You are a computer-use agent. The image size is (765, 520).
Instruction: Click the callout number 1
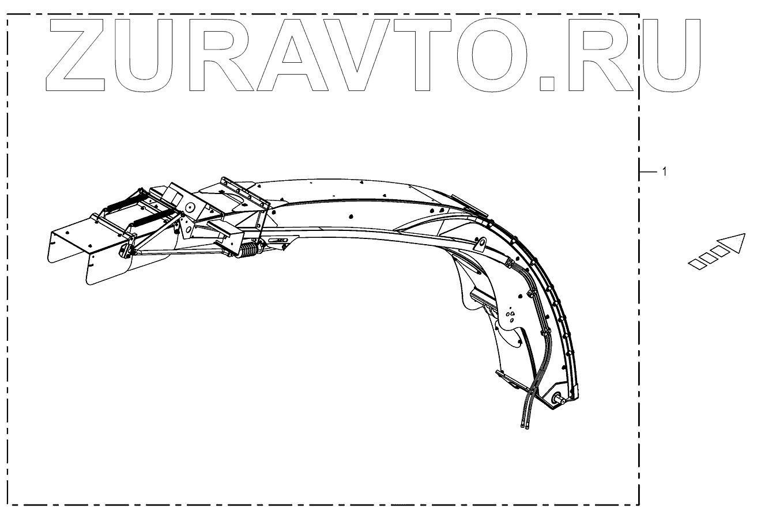pos(665,172)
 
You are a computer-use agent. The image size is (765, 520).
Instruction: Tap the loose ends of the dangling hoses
pos(525,426)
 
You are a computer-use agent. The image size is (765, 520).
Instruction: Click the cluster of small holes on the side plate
pos(510,316)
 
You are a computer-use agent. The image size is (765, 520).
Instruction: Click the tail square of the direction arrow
pos(697,263)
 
